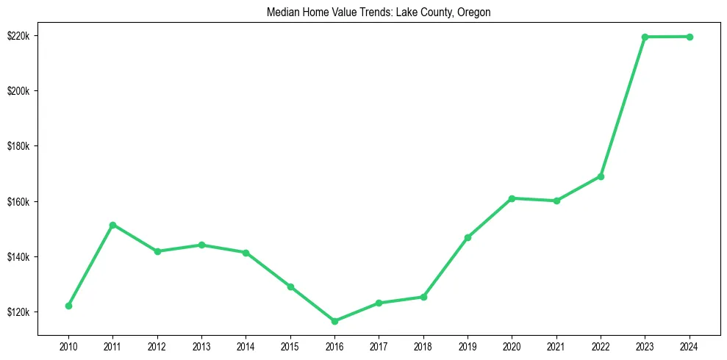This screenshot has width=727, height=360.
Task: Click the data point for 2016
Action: (x=334, y=321)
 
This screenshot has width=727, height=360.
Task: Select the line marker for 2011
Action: (x=112, y=225)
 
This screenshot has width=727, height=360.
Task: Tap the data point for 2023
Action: (x=645, y=37)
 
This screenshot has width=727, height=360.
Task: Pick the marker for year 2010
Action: (x=68, y=306)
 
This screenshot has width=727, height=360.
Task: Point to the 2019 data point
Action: (x=468, y=237)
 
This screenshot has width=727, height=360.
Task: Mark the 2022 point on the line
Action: (x=601, y=176)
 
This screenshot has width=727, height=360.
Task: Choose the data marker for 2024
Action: (x=690, y=37)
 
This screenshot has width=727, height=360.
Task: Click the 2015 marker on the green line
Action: (x=290, y=287)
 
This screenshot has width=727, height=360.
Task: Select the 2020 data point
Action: (x=512, y=198)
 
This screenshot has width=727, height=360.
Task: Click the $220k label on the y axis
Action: (x=18, y=36)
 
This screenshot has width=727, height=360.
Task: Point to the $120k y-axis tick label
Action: (x=18, y=312)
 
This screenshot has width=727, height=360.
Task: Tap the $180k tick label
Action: (x=18, y=146)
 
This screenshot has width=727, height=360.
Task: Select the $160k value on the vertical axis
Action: (x=18, y=201)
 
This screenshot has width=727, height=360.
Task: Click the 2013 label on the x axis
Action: (x=201, y=345)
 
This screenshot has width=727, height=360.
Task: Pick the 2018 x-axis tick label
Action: (x=423, y=345)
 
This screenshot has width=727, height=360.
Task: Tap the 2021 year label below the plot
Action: (x=556, y=345)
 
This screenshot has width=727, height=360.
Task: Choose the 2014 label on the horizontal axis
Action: (x=246, y=345)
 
